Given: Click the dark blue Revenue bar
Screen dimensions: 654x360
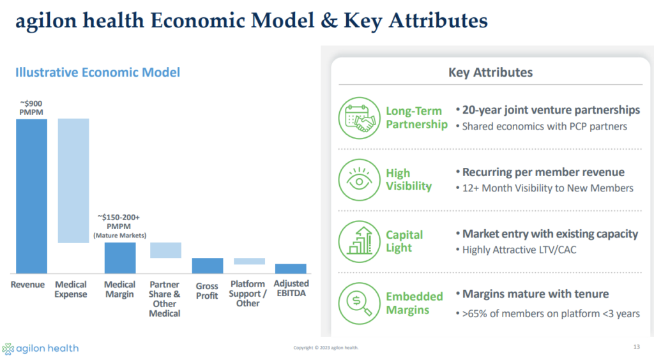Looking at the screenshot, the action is [32, 196].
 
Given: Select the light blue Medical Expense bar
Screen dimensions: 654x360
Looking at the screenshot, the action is [73, 181].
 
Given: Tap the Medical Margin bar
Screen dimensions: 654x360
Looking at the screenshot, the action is [120, 258].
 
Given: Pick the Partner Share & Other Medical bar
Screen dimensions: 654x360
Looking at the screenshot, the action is [165, 250].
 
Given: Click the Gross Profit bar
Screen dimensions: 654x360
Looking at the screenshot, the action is [208, 266].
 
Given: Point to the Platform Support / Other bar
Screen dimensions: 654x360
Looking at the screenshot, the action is [250, 261].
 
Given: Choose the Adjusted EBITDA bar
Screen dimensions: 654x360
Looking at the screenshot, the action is [291, 269].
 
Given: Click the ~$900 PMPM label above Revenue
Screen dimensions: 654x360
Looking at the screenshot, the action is [31, 107].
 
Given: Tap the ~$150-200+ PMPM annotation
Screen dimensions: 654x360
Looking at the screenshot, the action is [119, 226].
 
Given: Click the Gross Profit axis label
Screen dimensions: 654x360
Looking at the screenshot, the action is [207, 291].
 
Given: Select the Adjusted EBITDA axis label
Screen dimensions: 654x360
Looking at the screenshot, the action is [291, 289].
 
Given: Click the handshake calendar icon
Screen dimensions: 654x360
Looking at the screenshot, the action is [359, 118].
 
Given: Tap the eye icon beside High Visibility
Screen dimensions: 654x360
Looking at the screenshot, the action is [359, 180].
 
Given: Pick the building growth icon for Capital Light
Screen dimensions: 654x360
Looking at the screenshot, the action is [359, 242].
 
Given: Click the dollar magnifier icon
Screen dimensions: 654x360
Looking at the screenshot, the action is [359, 303].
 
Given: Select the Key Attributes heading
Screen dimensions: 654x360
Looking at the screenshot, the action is [490, 73].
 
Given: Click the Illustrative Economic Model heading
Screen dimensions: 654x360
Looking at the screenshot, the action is [98, 73].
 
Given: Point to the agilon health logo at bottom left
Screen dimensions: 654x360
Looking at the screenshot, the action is [40, 349].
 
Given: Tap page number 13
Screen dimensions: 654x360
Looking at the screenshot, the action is [637, 347].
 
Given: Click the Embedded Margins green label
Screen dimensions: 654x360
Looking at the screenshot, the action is [414, 303].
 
